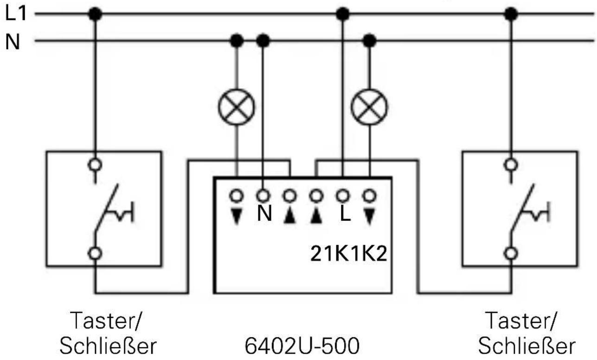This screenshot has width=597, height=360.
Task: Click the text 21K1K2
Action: (x=348, y=255)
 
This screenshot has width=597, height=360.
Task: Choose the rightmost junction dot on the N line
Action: (x=369, y=41)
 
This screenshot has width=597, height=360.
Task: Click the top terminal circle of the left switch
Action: (x=96, y=164)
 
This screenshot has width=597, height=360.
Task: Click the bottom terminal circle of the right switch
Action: (x=511, y=253)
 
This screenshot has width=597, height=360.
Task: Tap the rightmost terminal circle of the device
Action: (x=369, y=195)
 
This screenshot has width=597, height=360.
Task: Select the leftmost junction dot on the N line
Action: (x=238, y=41)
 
